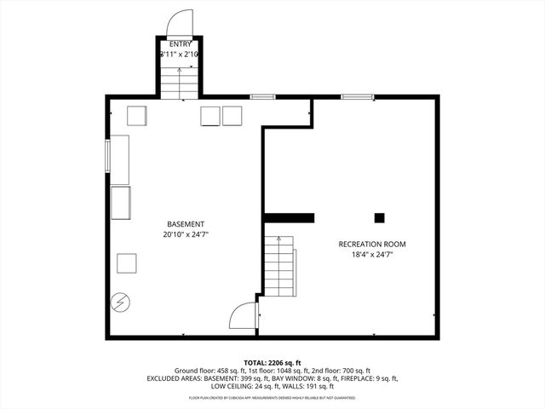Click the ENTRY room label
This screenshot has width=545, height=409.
pos(181,43)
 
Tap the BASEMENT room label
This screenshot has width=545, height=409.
pos(186,224)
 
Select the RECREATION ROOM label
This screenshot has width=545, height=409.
pos(372,244)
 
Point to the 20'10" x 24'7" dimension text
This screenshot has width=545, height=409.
pos(186,234)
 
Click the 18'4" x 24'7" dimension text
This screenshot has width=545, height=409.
pos(372,254)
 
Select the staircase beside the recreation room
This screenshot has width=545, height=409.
pos(278,267)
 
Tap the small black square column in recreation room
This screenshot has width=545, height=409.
pos(379,217)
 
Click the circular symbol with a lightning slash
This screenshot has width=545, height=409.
pos(121,302)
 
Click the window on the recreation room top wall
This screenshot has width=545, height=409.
pos(359,97)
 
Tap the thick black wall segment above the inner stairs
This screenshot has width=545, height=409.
pos(290,217)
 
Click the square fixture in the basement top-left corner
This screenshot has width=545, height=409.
pos(137,115)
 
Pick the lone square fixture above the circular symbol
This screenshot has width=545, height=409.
pos(127,263)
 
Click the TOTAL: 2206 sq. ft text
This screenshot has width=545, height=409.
pos(272,362)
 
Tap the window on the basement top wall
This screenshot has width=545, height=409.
pos(262,97)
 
